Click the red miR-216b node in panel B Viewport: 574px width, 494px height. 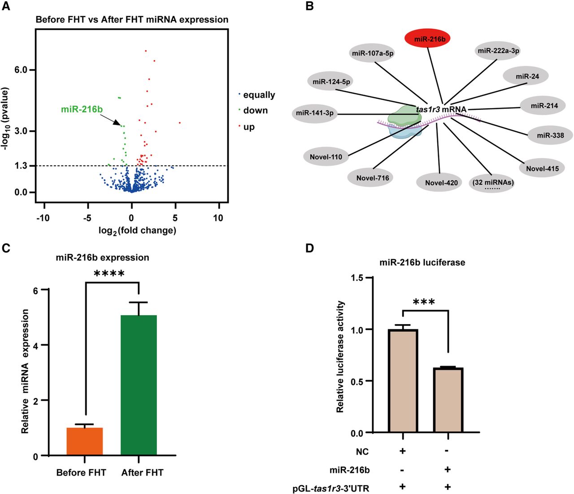(x=429, y=39)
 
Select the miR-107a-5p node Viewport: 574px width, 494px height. (x=373, y=53)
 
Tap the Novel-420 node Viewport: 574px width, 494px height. (x=441, y=182)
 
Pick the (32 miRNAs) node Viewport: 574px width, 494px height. (x=492, y=183)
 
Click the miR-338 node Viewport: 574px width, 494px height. (x=550, y=135)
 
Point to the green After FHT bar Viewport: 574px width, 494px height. (x=139, y=386)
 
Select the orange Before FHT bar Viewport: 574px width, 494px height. (x=85, y=442)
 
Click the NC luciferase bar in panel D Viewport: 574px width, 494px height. (x=403, y=381)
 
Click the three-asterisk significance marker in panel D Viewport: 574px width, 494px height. (x=423, y=302)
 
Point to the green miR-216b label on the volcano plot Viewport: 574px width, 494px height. (x=82, y=109)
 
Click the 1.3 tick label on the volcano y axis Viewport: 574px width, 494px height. (x=21, y=166)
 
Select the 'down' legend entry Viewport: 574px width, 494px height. (x=255, y=110)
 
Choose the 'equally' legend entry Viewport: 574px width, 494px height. (x=258, y=95)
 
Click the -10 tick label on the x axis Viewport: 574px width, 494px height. (x=43, y=218)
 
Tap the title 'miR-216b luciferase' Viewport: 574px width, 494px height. (x=422, y=262)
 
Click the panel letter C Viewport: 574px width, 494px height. (x=6, y=248)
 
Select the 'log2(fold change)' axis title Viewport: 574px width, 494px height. (x=137, y=231)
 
